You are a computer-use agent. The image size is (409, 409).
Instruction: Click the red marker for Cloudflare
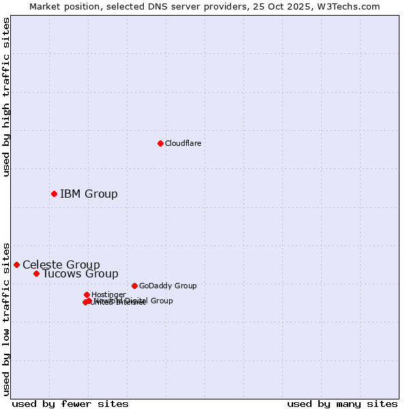(x=160, y=143)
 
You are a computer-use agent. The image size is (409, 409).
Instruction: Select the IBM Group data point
(x=54, y=194)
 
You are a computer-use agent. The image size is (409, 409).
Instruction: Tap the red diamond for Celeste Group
(x=16, y=264)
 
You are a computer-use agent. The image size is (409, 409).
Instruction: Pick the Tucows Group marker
(x=36, y=273)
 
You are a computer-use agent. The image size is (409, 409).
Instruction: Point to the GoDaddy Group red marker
(x=134, y=286)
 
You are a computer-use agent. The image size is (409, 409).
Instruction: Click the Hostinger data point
(x=87, y=294)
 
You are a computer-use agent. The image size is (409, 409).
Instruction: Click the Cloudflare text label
(x=183, y=143)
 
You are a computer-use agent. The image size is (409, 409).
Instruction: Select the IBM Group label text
(x=89, y=194)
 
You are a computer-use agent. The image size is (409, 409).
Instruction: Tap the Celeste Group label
(x=61, y=264)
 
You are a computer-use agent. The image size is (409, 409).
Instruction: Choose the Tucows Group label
(x=80, y=274)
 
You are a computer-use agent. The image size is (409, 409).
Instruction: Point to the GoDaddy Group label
(x=168, y=286)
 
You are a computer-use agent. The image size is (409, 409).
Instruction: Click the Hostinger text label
(x=108, y=294)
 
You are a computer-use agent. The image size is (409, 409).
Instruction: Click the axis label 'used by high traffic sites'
(x=7, y=97)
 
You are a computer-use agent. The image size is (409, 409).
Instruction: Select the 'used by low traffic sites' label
(x=7, y=318)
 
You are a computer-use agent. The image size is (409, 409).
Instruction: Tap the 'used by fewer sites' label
(x=70, y=404)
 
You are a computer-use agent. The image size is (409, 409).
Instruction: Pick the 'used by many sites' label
(x=342, y=404)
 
